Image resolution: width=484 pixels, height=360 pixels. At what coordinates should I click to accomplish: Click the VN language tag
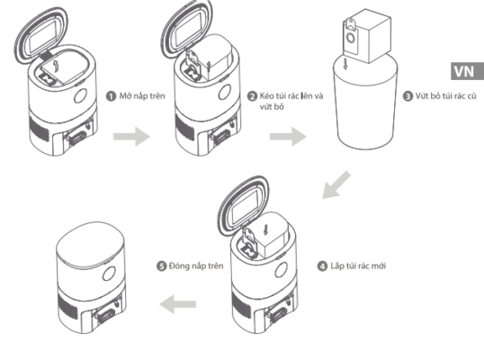(x=467, y=71)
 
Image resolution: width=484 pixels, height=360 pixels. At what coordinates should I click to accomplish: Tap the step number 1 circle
(x=111, y=96)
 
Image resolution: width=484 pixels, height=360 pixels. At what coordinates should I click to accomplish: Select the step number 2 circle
(x=252, y=96)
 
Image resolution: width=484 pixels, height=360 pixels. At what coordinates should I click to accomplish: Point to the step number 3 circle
(x=408, y=96)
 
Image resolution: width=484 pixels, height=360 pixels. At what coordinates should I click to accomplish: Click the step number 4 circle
(x=322, y=266)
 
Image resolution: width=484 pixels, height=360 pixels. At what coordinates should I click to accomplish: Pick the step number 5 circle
(x=161, y=266)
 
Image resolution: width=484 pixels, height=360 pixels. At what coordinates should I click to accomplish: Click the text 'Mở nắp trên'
(x=142, y=96)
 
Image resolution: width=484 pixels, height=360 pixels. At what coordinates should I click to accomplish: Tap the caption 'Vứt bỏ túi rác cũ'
(x=445, y=96)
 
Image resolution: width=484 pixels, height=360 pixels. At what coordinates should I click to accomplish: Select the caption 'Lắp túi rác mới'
(x=358, y=265)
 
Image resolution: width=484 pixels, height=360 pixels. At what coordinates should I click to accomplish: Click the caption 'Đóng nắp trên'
(x=196, y=265)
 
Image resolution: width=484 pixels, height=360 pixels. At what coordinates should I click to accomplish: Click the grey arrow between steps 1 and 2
(x=131, y=136)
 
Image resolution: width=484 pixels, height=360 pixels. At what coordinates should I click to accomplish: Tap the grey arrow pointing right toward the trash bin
(x=288, y=136)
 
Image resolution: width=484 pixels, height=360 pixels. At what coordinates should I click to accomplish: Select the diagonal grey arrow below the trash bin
(x=336, y=184)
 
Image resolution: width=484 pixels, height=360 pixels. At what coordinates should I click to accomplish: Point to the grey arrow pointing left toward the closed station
(x=178, y=304)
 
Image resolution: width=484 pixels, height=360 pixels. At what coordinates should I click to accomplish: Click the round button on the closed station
(x=109, y=274)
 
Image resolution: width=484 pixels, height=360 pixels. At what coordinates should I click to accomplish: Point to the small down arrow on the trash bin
(x=345, y=64)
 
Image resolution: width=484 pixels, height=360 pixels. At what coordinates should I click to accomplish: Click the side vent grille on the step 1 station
(x=40, y=127)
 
